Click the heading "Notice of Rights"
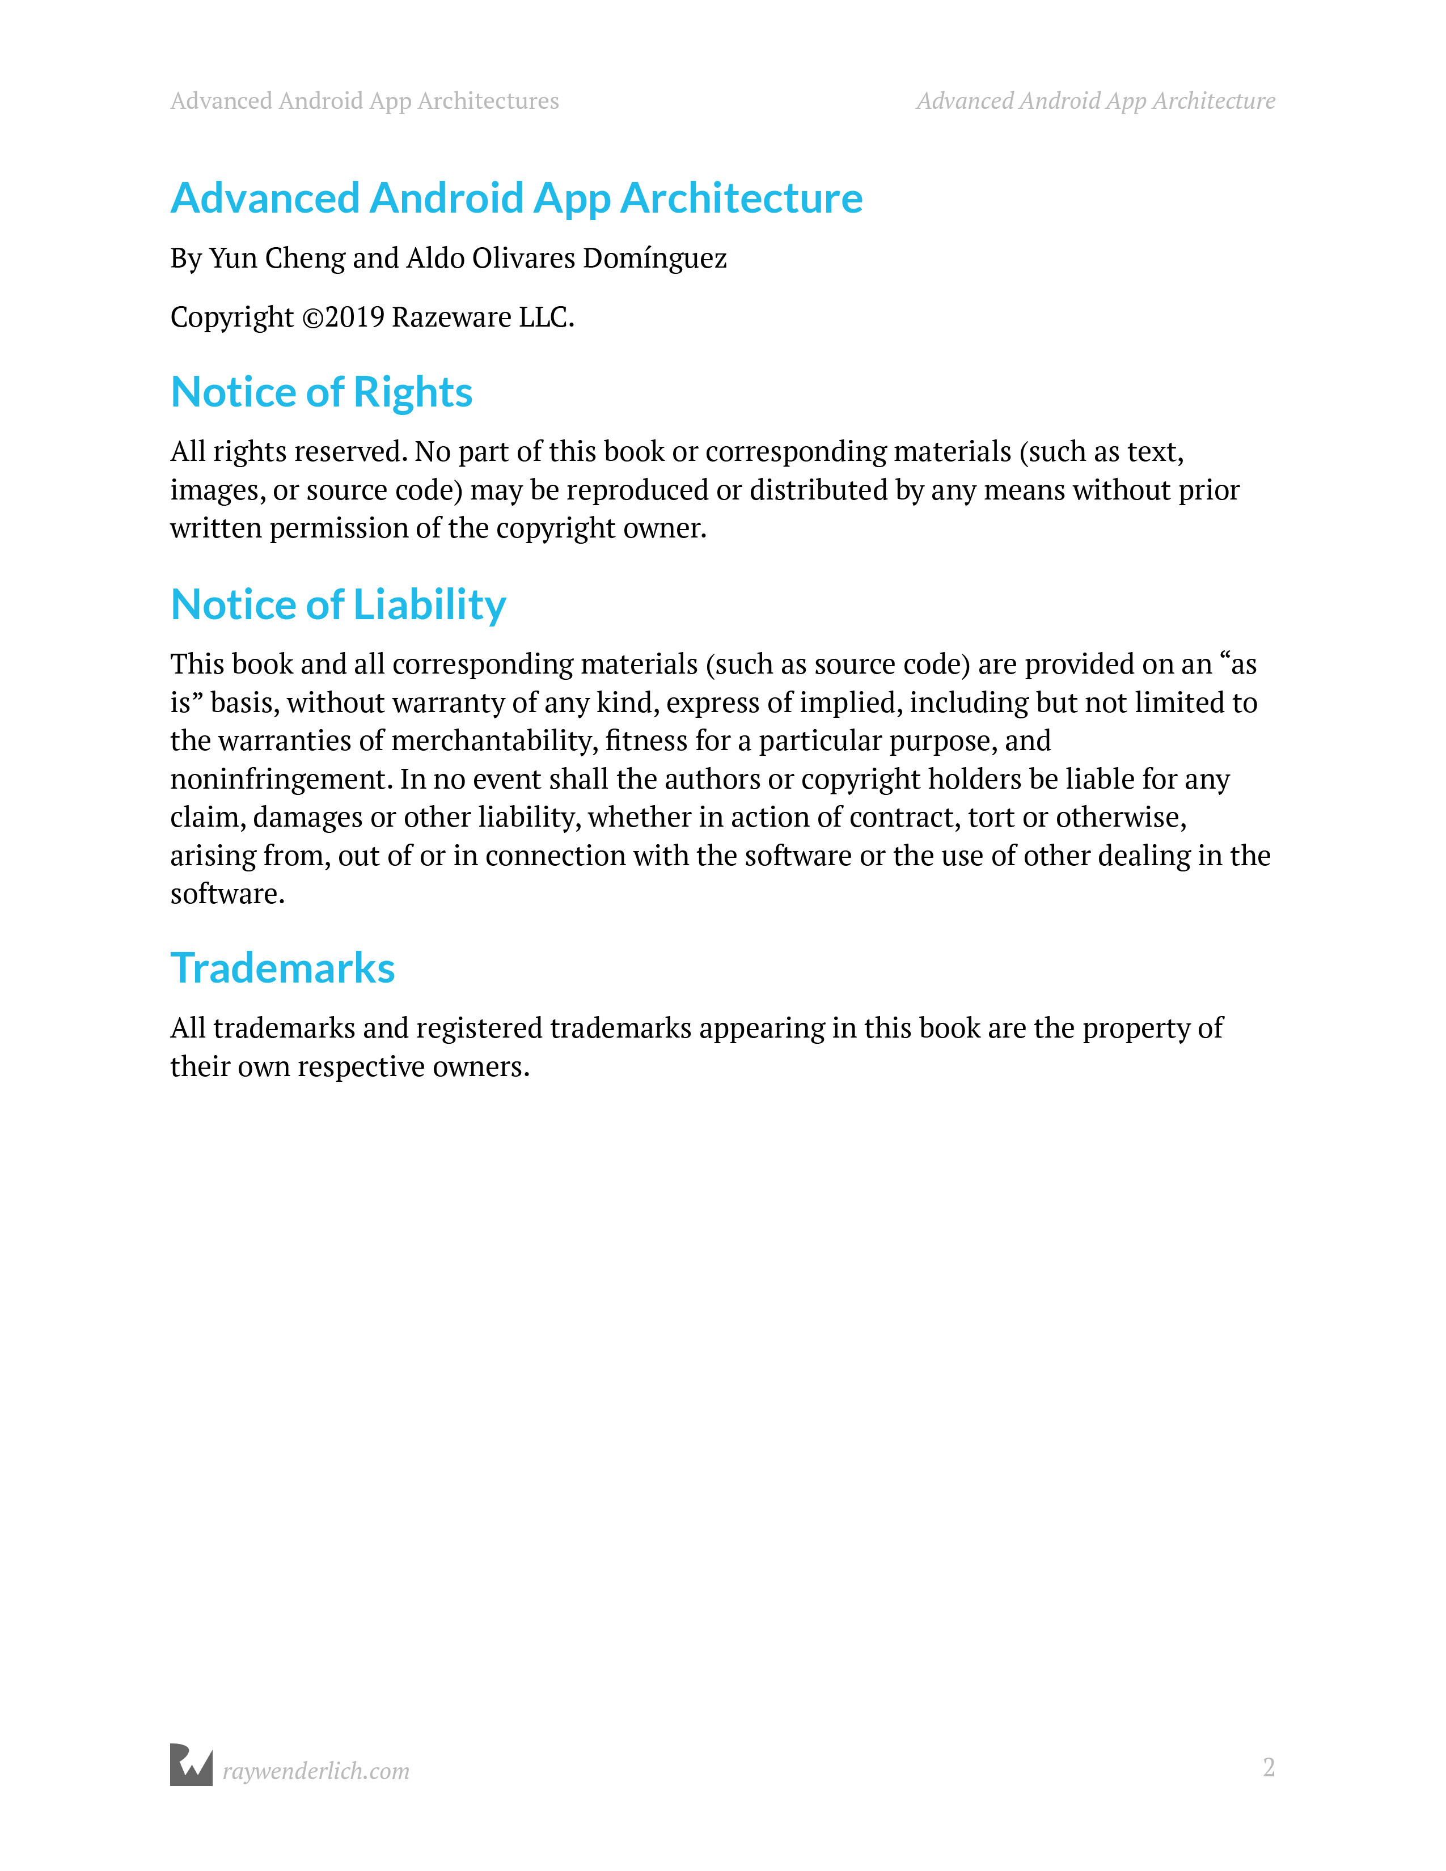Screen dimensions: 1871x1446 [321, 392]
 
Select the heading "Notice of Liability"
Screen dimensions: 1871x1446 [339, 605]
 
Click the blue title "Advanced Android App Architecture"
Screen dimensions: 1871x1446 [517, 198]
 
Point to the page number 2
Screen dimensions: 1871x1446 [1269, 1767]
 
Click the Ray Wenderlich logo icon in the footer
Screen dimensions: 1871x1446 [191, 1765]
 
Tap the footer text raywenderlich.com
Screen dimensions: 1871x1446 [316, 1771]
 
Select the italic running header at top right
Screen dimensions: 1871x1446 [1096, 101]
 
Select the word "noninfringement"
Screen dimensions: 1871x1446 [281, 780]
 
